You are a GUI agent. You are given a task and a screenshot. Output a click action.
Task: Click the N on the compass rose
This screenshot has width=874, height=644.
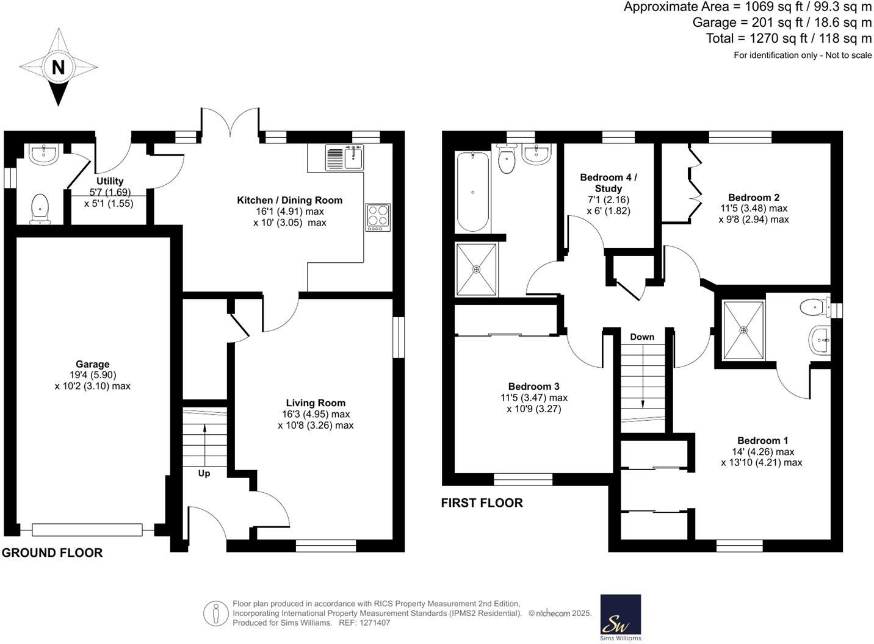tap(58, 66)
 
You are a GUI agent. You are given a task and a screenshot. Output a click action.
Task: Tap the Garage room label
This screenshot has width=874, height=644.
tap(92, 365)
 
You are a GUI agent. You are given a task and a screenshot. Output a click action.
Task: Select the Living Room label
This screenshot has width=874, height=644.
tap(316, 403)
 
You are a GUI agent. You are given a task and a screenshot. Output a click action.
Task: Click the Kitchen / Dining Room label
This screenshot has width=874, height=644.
tap(289, 200)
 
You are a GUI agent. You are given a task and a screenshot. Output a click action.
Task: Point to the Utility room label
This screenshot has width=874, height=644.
tap(110, 181)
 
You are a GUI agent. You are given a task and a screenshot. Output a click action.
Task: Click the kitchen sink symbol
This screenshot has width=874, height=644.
tap(345, 157)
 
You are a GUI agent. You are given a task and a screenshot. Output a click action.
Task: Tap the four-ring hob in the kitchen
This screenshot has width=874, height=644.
tap(378, 217)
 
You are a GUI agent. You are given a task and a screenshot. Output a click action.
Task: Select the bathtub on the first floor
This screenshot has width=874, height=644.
tap(472, 191)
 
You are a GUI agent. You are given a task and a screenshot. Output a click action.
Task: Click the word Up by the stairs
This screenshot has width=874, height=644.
tap(204, 473)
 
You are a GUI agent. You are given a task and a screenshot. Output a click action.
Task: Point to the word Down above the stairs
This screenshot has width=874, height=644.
tap(642, 337)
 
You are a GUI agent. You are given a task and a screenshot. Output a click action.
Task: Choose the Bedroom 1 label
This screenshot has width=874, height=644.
tap(762, 440)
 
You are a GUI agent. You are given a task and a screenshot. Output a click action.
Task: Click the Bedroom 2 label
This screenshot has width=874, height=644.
tap(753, 198)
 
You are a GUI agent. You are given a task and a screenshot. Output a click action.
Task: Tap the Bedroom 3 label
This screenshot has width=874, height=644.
tap(533, 387)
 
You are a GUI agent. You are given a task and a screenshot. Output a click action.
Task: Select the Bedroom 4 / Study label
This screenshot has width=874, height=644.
tap(608, 183)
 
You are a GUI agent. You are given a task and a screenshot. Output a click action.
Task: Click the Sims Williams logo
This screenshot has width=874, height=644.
tap(621, 617)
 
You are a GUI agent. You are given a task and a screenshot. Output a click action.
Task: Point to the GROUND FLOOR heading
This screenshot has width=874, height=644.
tap(52, 553)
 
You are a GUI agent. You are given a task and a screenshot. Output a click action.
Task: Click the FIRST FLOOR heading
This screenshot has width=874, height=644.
tap(482, 503)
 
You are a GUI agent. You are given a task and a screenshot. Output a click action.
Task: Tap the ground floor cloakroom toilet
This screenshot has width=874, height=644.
tap(40, 207)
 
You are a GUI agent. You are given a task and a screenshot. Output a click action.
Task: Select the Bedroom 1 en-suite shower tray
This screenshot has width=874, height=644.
tap(743, 330)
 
